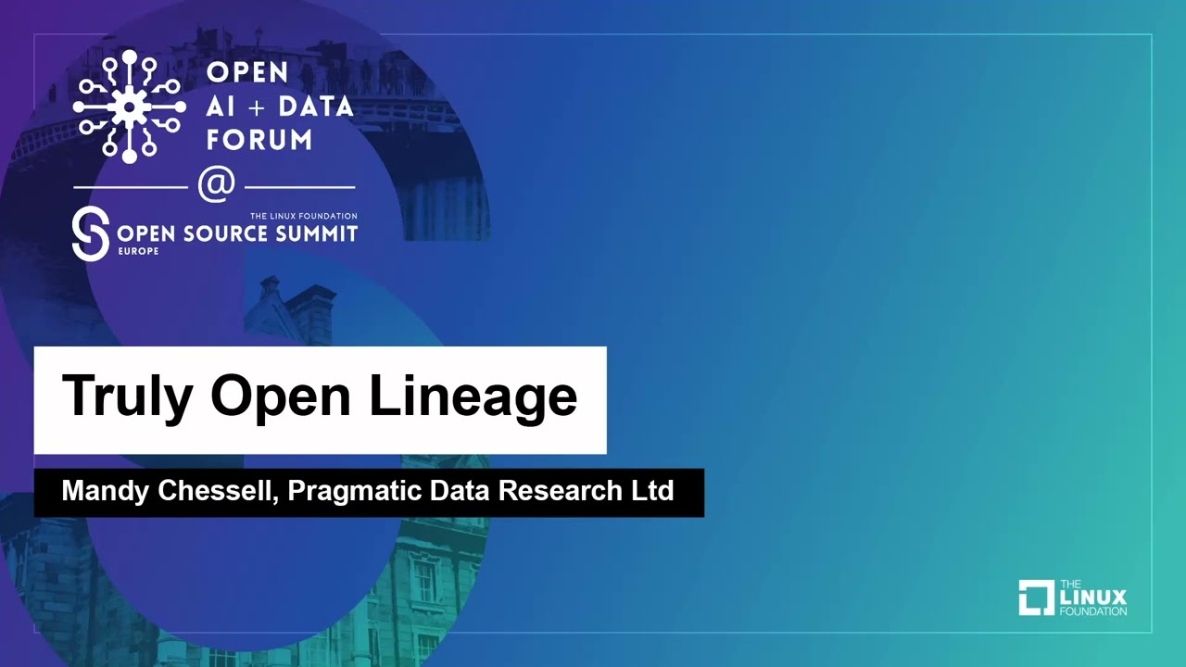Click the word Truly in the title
127,396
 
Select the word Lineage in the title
473,396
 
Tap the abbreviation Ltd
651,491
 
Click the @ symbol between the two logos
216,184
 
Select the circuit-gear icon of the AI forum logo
129,107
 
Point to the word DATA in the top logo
316,107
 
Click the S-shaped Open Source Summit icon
91,234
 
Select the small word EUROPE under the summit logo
138,251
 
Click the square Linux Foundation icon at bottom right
1036,598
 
